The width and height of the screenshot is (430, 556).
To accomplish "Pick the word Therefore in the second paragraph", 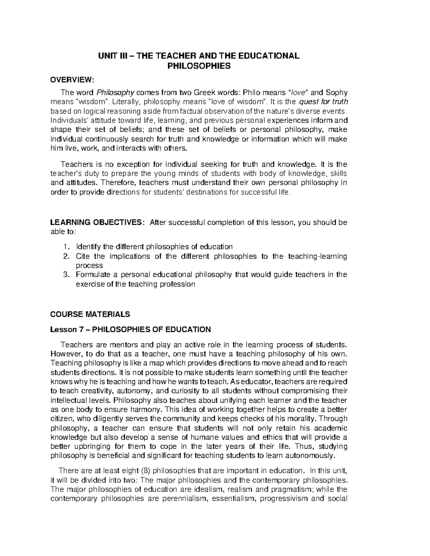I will (x=118, y=183).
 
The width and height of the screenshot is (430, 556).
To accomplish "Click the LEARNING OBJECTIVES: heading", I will (x=97, y=223).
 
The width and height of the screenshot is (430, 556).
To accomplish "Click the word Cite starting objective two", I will (x=82, y=256).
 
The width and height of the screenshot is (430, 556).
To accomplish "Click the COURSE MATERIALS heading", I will (x=90, y=315).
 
